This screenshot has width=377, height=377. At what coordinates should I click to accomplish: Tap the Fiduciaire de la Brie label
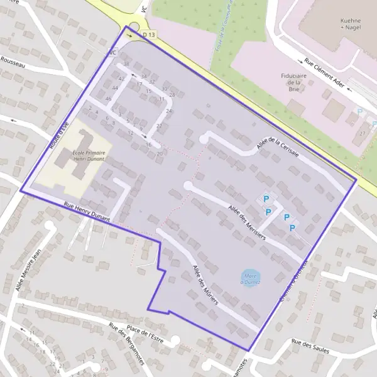293,82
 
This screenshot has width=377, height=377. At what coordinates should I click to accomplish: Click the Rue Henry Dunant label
87,212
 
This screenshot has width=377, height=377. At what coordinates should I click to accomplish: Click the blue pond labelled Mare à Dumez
252,278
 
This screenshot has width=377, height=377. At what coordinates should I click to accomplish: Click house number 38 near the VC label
126,64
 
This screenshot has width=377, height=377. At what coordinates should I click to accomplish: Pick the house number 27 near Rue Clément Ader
363,133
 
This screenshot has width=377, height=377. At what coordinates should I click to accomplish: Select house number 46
109,99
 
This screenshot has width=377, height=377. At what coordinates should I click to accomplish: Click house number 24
168,111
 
